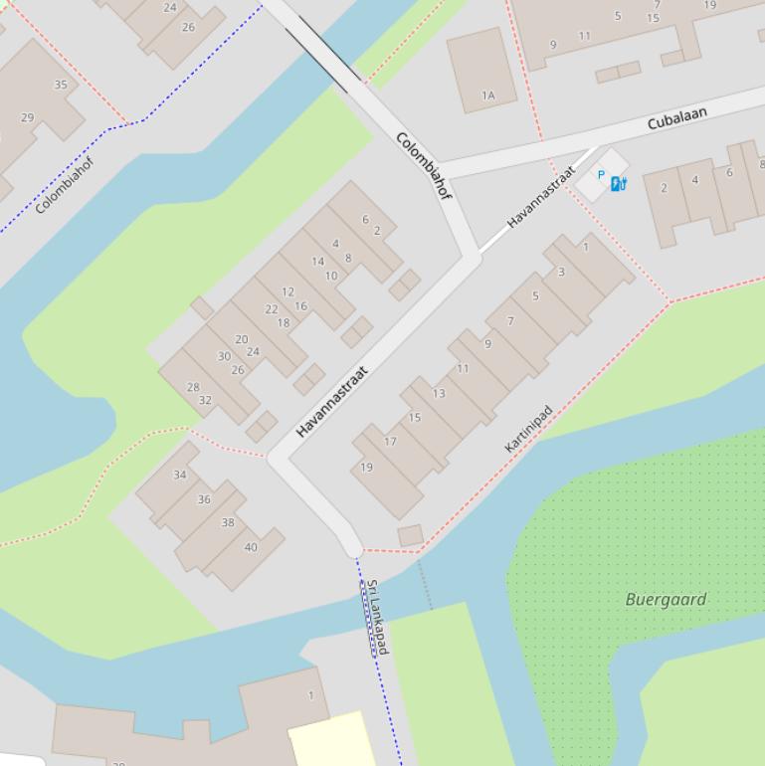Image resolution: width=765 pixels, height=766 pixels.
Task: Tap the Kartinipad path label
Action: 527,430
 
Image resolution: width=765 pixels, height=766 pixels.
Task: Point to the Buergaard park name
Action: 666,599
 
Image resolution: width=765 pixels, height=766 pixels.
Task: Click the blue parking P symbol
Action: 601,174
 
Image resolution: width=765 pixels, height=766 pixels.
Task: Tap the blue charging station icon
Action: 618,183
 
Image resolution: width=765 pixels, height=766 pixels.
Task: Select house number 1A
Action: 487,96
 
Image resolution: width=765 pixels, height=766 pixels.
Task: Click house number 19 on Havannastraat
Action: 366,467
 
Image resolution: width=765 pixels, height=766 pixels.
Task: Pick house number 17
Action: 390,442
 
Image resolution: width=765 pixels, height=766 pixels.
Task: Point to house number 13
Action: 439,393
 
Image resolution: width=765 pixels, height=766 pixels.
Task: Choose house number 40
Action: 251,547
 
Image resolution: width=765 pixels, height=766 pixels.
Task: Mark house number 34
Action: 180,475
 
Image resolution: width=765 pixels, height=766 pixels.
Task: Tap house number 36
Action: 204,499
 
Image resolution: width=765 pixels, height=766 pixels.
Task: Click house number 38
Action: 228,522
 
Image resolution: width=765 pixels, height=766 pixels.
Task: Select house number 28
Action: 193,388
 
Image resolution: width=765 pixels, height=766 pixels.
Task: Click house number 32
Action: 205,401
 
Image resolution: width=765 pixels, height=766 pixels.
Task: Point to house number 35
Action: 61,85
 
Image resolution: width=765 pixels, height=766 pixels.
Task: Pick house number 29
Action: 27,117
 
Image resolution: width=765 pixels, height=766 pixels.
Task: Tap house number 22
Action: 272,309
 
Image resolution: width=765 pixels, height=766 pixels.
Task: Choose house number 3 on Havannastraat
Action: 561,272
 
